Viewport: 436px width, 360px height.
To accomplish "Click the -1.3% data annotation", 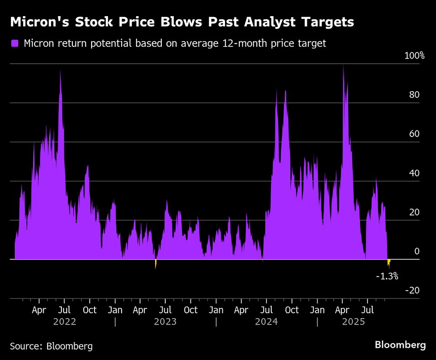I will pyautogui.click(x=387, y=276).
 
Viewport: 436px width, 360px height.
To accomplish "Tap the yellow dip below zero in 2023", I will pyautogui.click(x=155, y=264).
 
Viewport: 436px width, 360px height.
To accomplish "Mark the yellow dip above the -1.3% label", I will pyautogui.click(x=388, y=263).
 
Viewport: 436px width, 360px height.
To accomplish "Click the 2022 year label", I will pyautogui.click(x=64, y=322).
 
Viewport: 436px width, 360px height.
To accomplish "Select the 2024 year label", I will pyautogui.click(x=266, y=322).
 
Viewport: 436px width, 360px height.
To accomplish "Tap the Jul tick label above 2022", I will pyautogui.click(x=64, y=310).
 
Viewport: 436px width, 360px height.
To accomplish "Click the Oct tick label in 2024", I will pyautogui.click(x=292, y=310).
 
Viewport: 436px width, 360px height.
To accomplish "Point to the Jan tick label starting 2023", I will pyautogui.click(x=115, y=310).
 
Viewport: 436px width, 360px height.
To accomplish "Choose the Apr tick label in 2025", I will pyautogui.click(x=342, y=310).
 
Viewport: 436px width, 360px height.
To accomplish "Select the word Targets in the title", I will pyautogui.click(x=327, y=22).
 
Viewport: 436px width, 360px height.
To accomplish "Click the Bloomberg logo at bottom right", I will pyautogui.click(x=400, y=345).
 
